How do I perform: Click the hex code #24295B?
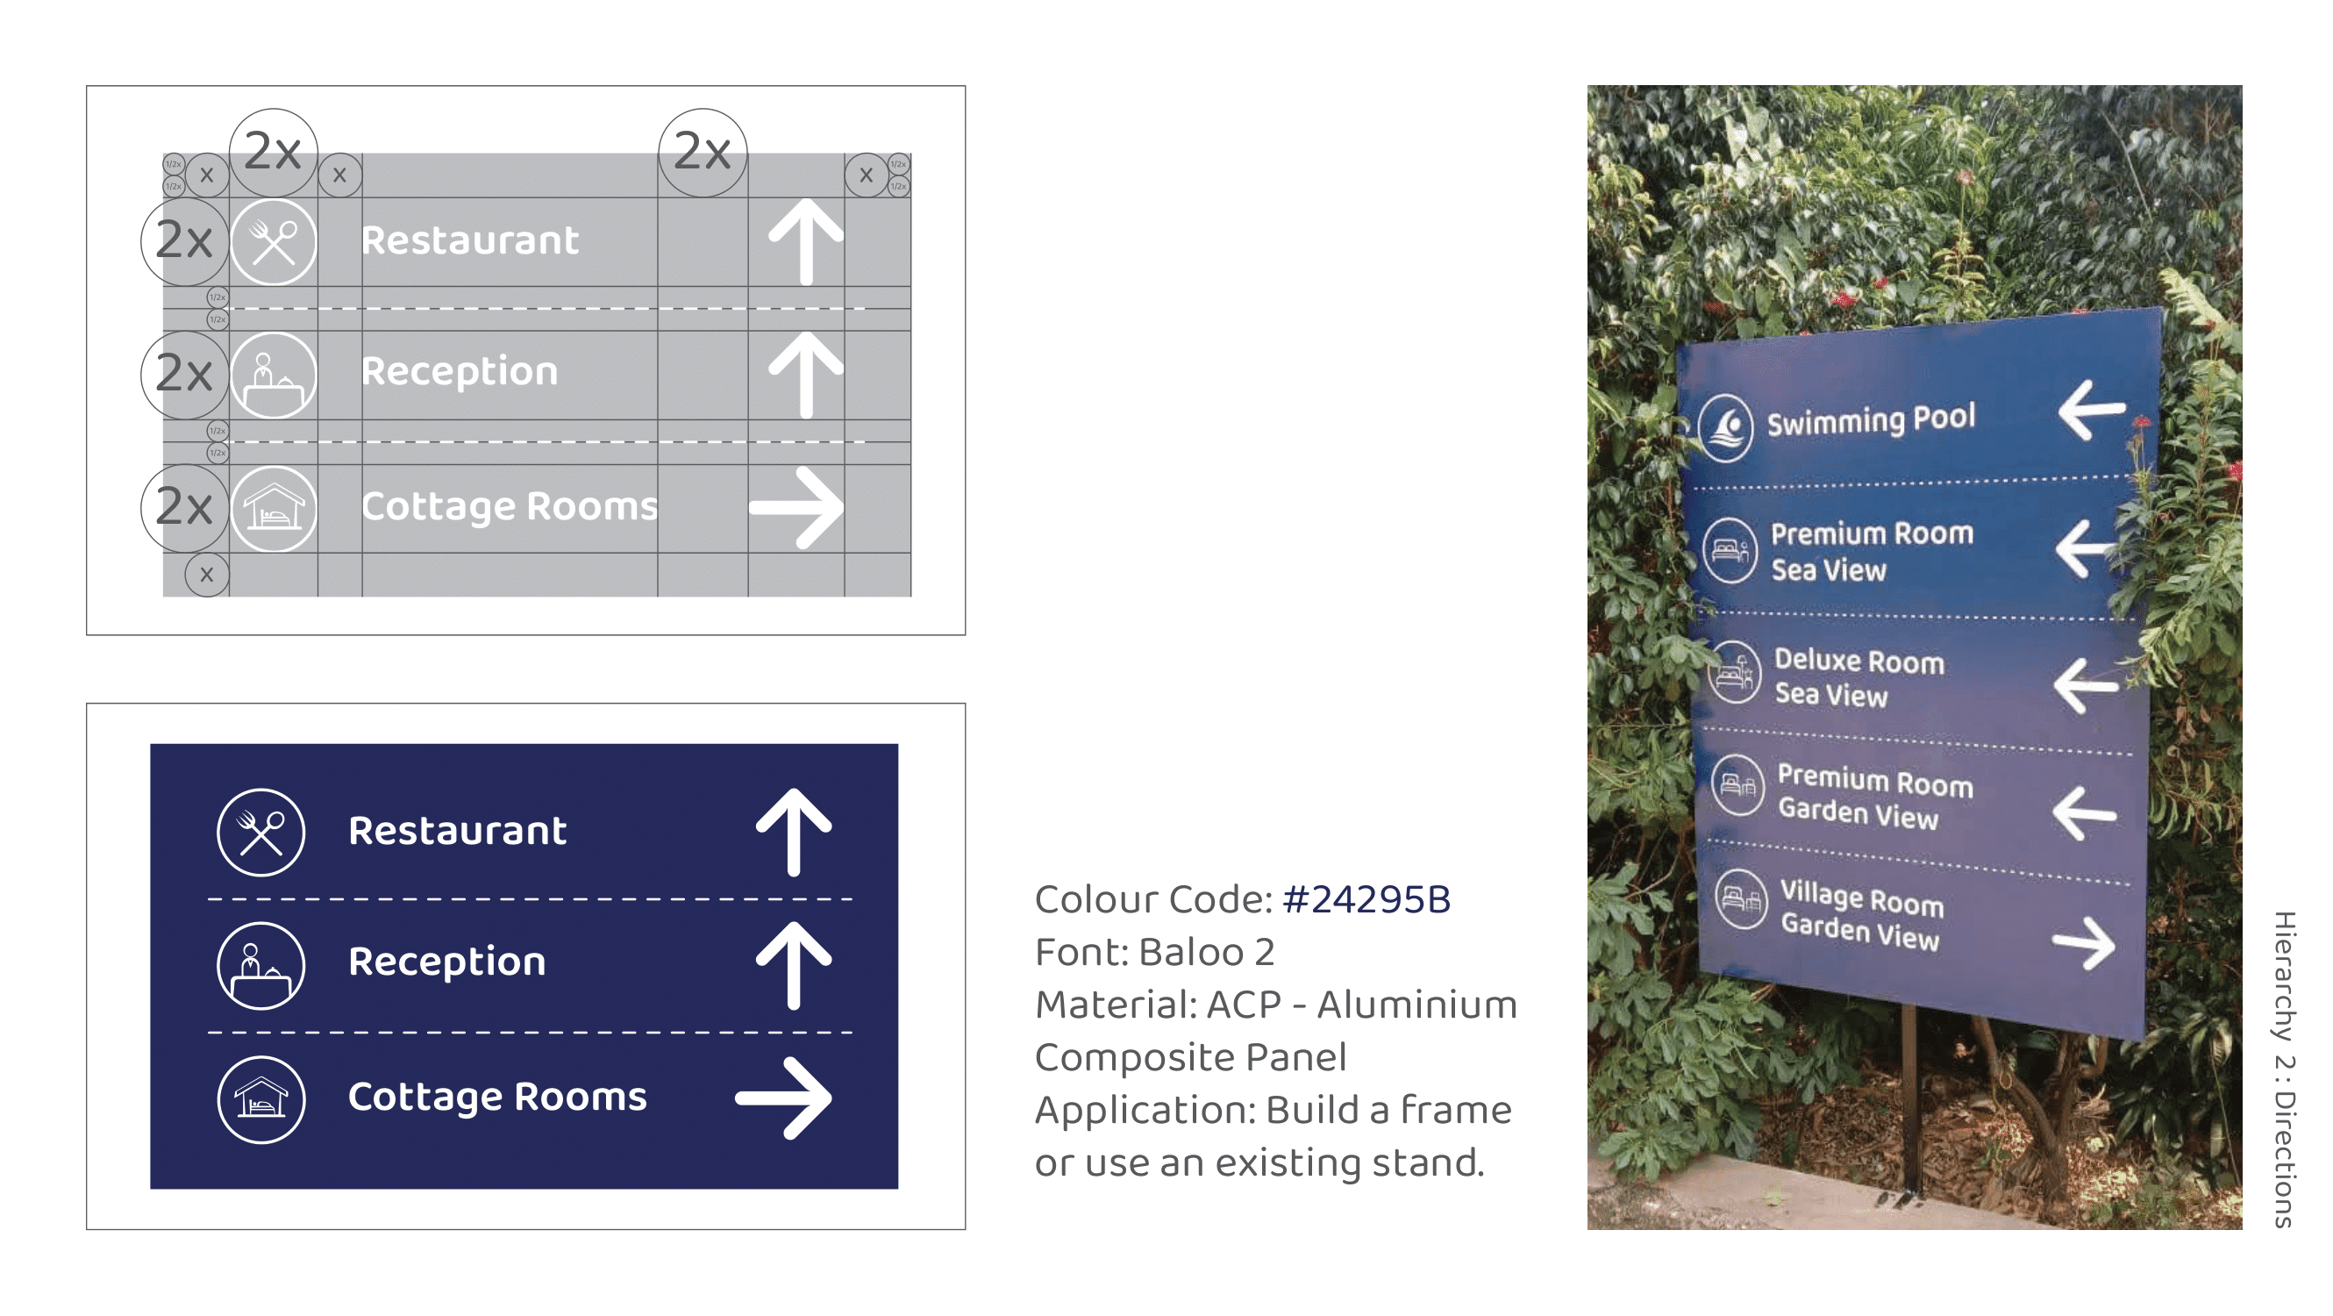pos(1366,899)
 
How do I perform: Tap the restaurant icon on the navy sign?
pos(260,832)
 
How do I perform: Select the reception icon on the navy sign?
pos(260,965)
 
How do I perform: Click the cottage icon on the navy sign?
pos(260,1099)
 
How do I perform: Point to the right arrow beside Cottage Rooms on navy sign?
pos(784,1098)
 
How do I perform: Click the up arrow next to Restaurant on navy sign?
pos(794,832)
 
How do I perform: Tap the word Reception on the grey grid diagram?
pos(460,371)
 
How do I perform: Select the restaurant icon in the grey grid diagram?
pos(274,242)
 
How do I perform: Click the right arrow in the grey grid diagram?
pos(796,507)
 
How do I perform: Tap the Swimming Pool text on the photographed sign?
pos(1870,420)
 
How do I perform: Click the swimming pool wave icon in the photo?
pos(1726,427)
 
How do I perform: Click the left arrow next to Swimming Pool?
pos(2090,410)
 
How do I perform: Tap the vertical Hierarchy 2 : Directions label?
pos(2283,1069)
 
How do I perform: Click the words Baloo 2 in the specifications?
pos(1206,952)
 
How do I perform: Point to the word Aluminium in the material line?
pos(1416,1005)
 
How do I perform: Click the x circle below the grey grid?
pos(206,575)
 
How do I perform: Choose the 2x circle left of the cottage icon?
pos(185,507)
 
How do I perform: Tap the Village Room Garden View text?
pos(1861,915)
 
